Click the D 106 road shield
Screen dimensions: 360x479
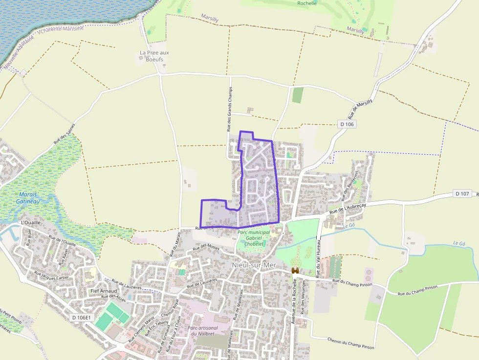point(346,125)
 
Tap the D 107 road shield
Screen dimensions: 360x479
point(462,194)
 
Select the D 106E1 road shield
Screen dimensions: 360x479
point(81,318)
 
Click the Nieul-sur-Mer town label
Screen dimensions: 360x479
point(254,265)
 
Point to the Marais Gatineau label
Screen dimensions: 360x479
point(27,198)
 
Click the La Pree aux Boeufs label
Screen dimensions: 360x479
point(154,56)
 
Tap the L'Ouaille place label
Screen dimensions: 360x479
point(31,222)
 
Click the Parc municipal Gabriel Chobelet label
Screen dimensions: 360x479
point(254,238)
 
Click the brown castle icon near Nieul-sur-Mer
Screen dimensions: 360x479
point(295,270)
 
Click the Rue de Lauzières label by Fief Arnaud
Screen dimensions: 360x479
point(127,284)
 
